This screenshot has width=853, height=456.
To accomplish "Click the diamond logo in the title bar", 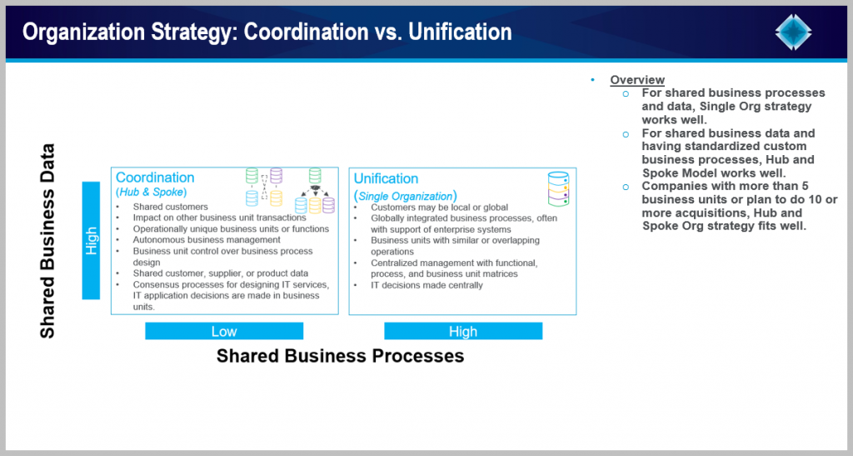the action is [x=793, y=33].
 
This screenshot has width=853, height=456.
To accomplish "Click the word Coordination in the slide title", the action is [x=306, y=33].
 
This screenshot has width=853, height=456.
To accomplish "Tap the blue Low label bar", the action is [x=224, y=331].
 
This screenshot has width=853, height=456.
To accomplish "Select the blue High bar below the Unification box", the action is [x=463, y=331].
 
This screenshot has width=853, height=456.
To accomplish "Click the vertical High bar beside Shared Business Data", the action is [x=91, y=241].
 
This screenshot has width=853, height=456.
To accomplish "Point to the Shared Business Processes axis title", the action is [x=340, y=356].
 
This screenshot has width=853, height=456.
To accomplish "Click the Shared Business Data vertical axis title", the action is [x=47, y=241].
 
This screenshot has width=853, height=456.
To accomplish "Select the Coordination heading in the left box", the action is [x=155, y=178].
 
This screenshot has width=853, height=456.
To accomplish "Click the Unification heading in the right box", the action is [x=386, y=178].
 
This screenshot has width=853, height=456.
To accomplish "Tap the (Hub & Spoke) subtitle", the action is [x=152, y=192].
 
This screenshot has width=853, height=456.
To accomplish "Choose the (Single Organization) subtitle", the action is [x=406, y=196].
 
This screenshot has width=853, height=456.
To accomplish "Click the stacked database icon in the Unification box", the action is [x=558, y=189].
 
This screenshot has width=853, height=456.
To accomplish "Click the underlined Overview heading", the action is [x=637, y=80].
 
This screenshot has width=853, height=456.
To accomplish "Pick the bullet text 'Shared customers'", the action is [x=170, y=207].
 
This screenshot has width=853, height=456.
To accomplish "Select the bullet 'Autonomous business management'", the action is [x=207, y=239].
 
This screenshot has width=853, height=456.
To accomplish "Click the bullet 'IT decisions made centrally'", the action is [x=426, y=285].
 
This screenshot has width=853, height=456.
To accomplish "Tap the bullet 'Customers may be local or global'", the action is [x=440, y=208].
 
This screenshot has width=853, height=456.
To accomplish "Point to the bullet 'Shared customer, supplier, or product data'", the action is [x=220, y=273].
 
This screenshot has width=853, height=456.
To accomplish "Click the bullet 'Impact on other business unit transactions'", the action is [x=219, y=218].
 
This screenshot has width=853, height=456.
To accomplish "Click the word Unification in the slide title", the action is [x=460, y=33].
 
